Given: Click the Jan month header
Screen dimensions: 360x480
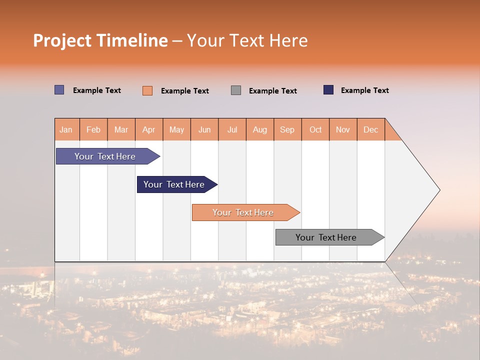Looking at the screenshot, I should click(66, 129).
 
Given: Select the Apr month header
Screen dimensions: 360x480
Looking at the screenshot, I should click(148, 129).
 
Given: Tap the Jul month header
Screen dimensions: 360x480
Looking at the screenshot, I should click(232, 129).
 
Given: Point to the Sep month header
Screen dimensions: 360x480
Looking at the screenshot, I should click(287, 129).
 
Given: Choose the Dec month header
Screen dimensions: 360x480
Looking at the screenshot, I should click(370, 129).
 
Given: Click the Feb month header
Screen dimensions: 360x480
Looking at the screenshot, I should click(93, 129).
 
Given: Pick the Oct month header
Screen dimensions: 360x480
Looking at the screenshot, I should click(315, 129).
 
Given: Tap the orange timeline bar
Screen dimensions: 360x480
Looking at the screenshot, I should click(243, 212).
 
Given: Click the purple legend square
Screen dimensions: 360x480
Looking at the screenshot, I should click(59, 90).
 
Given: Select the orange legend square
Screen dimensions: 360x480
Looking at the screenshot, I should click(147, 90).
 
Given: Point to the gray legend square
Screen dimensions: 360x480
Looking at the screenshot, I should click(236, 90).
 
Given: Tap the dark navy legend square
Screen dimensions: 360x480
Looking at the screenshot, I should click(328, 90).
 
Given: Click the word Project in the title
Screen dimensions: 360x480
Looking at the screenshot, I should click(62, 40).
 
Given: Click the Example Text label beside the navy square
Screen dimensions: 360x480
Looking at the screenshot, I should click(364, 90).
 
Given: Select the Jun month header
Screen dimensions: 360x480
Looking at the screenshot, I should click(204, 129).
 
